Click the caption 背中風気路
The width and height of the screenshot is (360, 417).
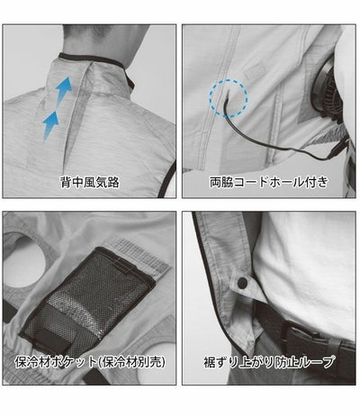click(x=90, y=182)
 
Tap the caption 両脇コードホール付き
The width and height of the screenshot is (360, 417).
click(x=268, y=182)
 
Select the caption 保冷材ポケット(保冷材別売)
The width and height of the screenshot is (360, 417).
click(x=90, y=362)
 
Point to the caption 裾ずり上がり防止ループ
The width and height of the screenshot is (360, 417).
click(x=268, y=362)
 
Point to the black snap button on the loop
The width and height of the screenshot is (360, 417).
click(x=242, y=282)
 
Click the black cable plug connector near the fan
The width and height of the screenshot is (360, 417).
click(x=336, y=150)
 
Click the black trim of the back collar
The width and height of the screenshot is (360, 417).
click(x=96, y=61)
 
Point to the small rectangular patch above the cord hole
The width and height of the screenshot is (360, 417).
click(x=255, y=71)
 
